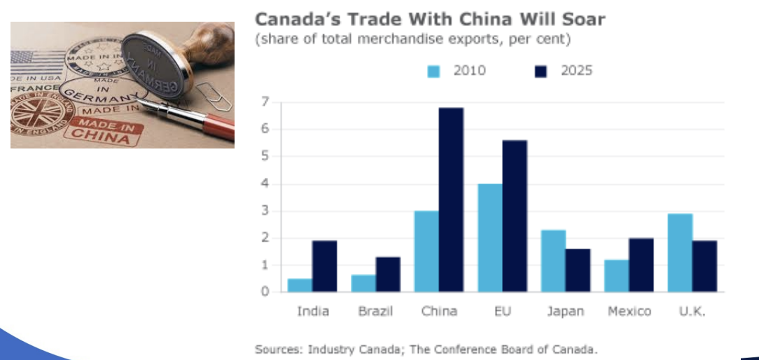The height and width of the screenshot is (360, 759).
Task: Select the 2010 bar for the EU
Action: click(x=489, y=238)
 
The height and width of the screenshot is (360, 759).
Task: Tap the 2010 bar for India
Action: click(x=300, y=285)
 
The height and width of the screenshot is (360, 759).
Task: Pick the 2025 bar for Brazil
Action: click(x=388, y=274)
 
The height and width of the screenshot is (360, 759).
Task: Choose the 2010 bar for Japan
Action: click(x=553, y=261)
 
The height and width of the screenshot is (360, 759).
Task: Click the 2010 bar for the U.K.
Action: click(x=680, y=253)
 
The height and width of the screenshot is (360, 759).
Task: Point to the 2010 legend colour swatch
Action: click(x=434, y=71)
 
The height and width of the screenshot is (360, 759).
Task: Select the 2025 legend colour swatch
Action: click(x=540, y=71)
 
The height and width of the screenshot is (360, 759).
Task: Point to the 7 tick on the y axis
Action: click(x=265, y=102)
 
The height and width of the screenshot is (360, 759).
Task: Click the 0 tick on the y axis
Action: click(x=265, y=292)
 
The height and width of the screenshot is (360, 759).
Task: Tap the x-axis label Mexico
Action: click(x=629, y=312)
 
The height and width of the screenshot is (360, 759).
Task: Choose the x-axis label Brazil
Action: click(x=375, y=312)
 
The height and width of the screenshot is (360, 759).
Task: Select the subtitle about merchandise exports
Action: click(x=412, y=39)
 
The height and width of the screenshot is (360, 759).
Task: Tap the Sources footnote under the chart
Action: click(x=426, y=348)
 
